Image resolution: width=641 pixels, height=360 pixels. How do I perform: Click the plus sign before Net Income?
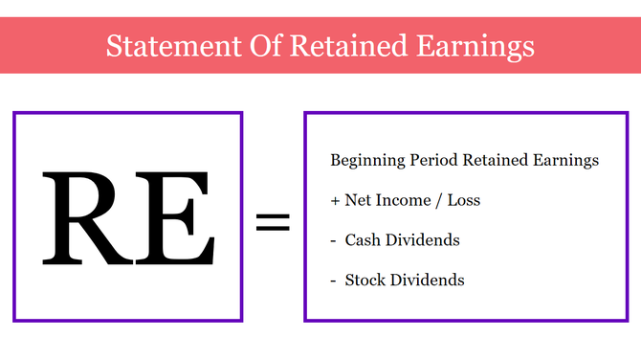click(x=335, y=201)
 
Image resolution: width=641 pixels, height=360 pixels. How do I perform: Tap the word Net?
click(x=360, y=200)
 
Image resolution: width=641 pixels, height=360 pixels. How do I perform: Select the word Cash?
click(x=363, y=240)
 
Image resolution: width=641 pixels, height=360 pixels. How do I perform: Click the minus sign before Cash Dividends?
click(x=334, y=240)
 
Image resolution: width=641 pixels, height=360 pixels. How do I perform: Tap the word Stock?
click(x=365, y=281)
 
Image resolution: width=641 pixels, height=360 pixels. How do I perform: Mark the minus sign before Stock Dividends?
click(x=334, y=281)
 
